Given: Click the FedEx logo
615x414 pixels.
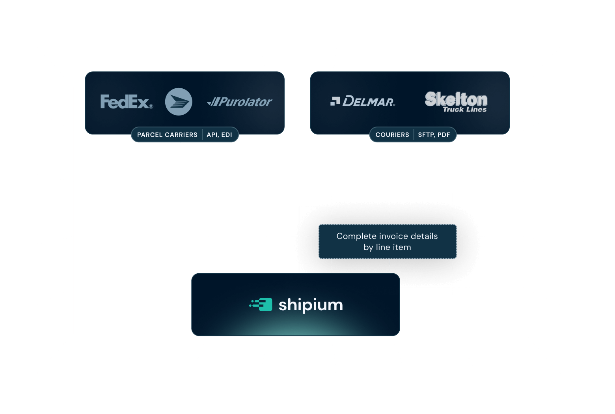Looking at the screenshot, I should point(125,102).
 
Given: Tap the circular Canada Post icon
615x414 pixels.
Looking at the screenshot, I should point(179,102).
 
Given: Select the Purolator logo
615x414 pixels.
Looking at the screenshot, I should point(240,102).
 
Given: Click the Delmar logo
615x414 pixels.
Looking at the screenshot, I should point(363,101).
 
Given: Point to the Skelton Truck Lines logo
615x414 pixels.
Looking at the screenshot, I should point(456,102).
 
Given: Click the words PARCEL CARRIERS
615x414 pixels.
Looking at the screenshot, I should point(167,135).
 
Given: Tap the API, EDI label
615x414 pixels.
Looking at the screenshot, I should point(219,135).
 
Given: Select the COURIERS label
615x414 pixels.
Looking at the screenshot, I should point(392,135).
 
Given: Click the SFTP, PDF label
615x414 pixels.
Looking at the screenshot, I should point(434,135).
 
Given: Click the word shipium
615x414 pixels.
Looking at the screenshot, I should point(311,305).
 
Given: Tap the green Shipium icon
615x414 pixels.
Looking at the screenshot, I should point(261,304).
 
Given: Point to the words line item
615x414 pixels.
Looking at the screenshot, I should point(393,247).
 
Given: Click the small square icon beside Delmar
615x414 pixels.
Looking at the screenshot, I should point(335,101).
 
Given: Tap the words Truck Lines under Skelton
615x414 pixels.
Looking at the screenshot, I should point(464,110).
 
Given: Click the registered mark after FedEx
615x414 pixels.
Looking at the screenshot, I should point(151,106).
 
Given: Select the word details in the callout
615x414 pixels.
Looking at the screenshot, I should point(423,236).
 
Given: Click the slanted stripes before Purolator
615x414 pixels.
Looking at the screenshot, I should point(213,103).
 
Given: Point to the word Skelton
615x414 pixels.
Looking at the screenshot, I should point(456,99).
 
